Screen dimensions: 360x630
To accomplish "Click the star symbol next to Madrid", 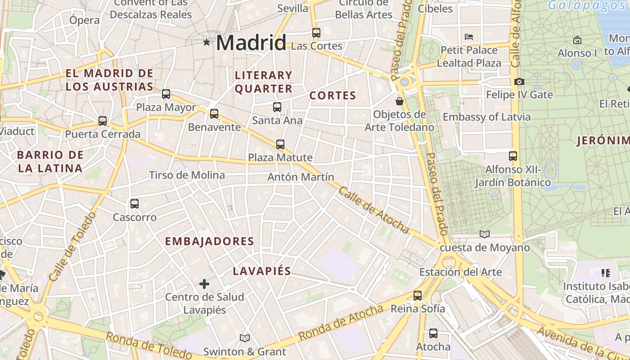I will click(x=207, y=42).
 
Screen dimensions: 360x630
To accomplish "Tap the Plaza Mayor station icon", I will click(x=166, y=94).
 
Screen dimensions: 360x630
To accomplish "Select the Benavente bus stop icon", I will click(x=214, y=114).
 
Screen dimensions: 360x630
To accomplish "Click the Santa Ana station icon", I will click(x=277, y=107).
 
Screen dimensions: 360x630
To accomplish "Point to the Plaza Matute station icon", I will click(x=280, y=144).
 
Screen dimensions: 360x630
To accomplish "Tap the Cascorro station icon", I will click(x=134, y=204).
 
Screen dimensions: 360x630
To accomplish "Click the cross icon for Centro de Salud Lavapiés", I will click(x=204, y=283).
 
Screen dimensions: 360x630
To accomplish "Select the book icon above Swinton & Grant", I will click(x=245, y=338).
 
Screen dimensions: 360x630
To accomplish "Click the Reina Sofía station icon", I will click(x=418, y=296).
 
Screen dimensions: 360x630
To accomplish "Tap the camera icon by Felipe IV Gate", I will click(x=519, y=81).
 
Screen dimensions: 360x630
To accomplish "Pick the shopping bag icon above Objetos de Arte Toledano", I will click(x=399, y=101).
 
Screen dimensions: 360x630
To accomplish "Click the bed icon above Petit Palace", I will click(x=469, y=36).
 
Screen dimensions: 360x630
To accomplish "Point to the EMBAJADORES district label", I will click(x=209, y=241).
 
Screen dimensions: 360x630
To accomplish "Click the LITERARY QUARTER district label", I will click(x=263, y=82).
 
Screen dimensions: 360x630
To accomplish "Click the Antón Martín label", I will click(x=301, y=177).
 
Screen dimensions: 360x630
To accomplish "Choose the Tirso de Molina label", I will click(x=187, y=175).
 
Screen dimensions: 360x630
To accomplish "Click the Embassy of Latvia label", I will click(x=486, y=117).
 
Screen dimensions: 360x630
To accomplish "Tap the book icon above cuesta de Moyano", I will click(x=484, y=234).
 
